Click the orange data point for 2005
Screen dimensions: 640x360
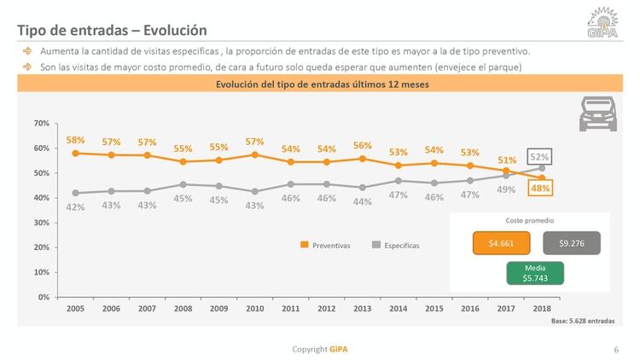(75, 154)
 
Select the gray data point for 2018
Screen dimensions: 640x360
(542, 168)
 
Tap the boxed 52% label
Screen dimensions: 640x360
(539, 157)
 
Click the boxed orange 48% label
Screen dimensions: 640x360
(540, 189)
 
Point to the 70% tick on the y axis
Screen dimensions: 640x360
(42, 123)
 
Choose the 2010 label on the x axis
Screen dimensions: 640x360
(254, 309)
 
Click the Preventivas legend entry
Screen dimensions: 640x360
(325, 246)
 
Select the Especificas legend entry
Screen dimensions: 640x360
(396, 246)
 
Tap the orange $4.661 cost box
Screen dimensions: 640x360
(501, 243)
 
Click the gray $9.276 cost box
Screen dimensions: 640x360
(572, 243)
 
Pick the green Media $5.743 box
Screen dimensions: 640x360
(535, 273)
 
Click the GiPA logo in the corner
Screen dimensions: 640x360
(602, 23)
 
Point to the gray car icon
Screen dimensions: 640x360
(598, 113)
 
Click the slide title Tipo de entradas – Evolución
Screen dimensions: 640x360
(112, 30)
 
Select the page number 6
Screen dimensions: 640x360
(616, 350)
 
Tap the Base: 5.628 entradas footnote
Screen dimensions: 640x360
(583, 321)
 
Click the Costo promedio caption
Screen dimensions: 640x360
(530, 220)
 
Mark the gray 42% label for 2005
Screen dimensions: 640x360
(75, 207)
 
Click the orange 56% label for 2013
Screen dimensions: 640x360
(363, 146)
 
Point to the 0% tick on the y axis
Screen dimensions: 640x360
(44, 297)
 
